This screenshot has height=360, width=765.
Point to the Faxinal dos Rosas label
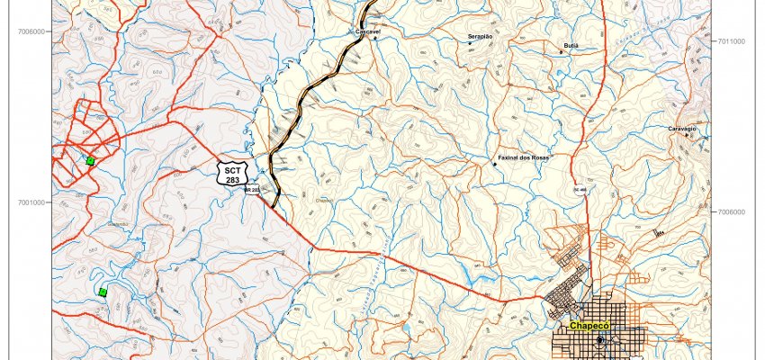[523, 157]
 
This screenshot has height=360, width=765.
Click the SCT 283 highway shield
[233, 174]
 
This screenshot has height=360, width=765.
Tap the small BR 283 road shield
[253, 190]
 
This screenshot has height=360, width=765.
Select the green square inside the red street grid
[90, 160]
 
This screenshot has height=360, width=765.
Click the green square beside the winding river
[103, 292]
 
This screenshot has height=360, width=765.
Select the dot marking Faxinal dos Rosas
[493, 164]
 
